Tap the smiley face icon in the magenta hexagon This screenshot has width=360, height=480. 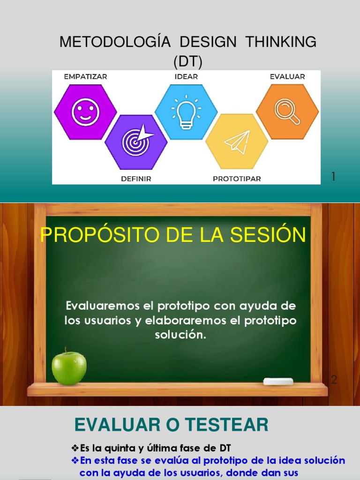click(x=85, y=112)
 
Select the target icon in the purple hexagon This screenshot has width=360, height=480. click(x=136, y=142)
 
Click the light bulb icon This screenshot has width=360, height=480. click(x=186, y=113)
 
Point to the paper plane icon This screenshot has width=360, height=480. click(x=237, y=142)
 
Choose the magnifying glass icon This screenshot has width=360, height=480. click(x=287, y=112)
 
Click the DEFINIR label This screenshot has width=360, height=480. click(x=135, y=179)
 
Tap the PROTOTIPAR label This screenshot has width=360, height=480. click(x=237, y=179)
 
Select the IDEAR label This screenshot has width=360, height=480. click(x=186, y=76)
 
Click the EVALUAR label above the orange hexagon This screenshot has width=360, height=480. click(x=287, y=76)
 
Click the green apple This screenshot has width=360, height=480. click(x=69, y=367)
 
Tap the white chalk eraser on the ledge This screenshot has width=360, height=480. click(x=278, y=382)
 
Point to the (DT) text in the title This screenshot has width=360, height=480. click(x=187, y=61)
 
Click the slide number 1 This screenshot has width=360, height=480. click(x=333, y=177)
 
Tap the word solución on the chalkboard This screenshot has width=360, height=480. click(x=180, y=336)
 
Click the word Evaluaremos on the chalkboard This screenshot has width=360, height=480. click(x=96, y=307)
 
